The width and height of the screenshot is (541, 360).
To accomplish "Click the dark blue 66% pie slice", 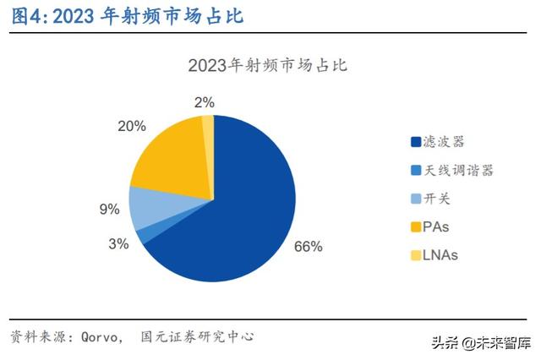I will coord(245,211).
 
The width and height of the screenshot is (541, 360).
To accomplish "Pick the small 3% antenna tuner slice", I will coord(142,234).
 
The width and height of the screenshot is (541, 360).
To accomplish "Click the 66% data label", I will coord(309,247).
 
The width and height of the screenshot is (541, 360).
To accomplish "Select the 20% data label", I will coord(131,126).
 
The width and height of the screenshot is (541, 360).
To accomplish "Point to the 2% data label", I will coord(204,102).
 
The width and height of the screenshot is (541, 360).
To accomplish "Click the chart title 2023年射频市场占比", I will coord(269,65).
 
